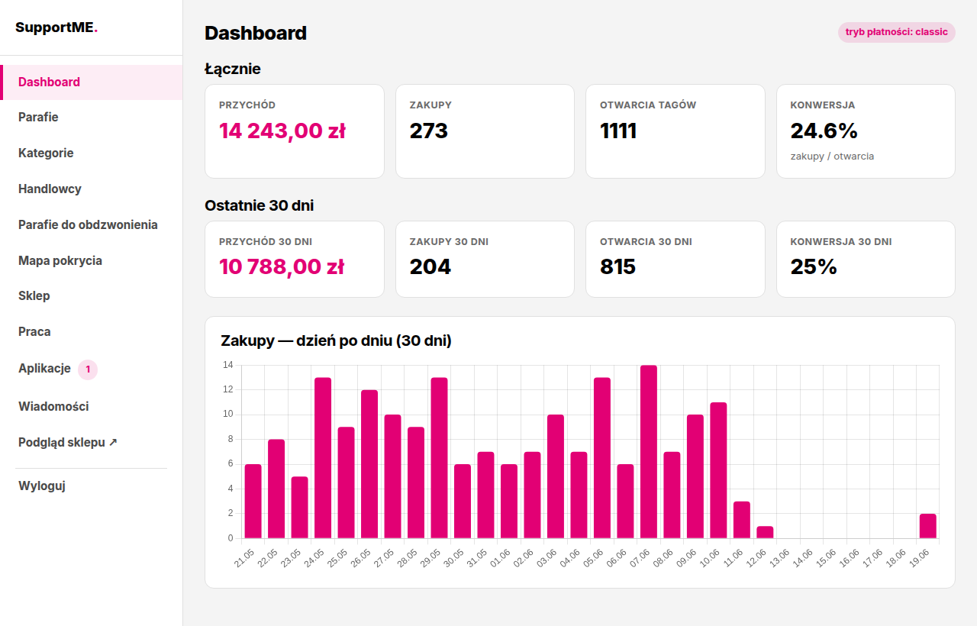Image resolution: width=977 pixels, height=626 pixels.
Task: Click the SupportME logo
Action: tap(56, 27)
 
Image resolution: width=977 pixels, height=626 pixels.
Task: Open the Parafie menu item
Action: tap(38, 117)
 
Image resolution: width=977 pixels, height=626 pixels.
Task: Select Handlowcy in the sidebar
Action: tap(50, 189)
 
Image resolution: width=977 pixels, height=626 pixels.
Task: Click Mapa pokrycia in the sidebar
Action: tap(60, 260)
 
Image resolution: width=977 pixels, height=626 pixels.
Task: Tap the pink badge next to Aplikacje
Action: tap(88, 369)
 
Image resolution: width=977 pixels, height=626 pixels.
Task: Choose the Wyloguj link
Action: tap(42, 486)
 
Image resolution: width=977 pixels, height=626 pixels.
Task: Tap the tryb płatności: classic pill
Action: tap(896, 32)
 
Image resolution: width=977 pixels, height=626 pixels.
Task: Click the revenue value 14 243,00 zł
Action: tap(282, 131)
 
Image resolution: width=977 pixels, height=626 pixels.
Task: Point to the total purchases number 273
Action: tap(428, 131)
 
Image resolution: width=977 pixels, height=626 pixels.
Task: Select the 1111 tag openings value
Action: tap(618, 131)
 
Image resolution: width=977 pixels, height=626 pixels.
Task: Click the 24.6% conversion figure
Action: tap(824, 131)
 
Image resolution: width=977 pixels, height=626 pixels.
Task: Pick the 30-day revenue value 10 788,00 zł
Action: tap(282, 267)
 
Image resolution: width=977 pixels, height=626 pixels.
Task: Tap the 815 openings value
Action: tap(617, 267)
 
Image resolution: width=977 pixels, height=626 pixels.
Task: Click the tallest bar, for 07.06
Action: tap(649, 452)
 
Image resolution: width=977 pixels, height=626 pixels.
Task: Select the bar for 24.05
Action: tap(323, 458)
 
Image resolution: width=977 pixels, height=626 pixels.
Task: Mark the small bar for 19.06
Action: tap(927, 526)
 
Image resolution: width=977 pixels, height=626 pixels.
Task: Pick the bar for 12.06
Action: tap(765, 532)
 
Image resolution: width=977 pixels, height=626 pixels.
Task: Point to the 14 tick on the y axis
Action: tap(228, 365)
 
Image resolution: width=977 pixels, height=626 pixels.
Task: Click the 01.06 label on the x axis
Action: tap(500, 558)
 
